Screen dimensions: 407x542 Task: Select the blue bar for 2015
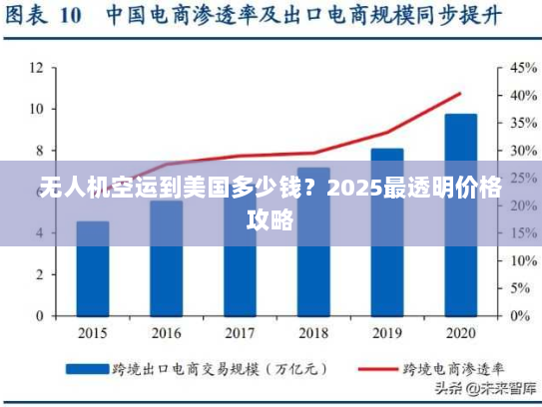(93, 269)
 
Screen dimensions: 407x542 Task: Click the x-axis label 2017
(240, 332)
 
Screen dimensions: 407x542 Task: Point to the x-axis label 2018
(313, 332)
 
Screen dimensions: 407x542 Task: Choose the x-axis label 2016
(166, 332)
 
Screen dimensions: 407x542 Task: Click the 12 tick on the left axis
(36, 68)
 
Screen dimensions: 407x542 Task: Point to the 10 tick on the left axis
(36, 109)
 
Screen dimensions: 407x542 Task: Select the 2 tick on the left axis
(39, 274)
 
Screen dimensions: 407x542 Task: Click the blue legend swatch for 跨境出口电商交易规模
(87, 367)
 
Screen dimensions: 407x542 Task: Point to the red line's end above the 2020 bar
(460, 94)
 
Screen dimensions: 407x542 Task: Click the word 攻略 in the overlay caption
(271, 219)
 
